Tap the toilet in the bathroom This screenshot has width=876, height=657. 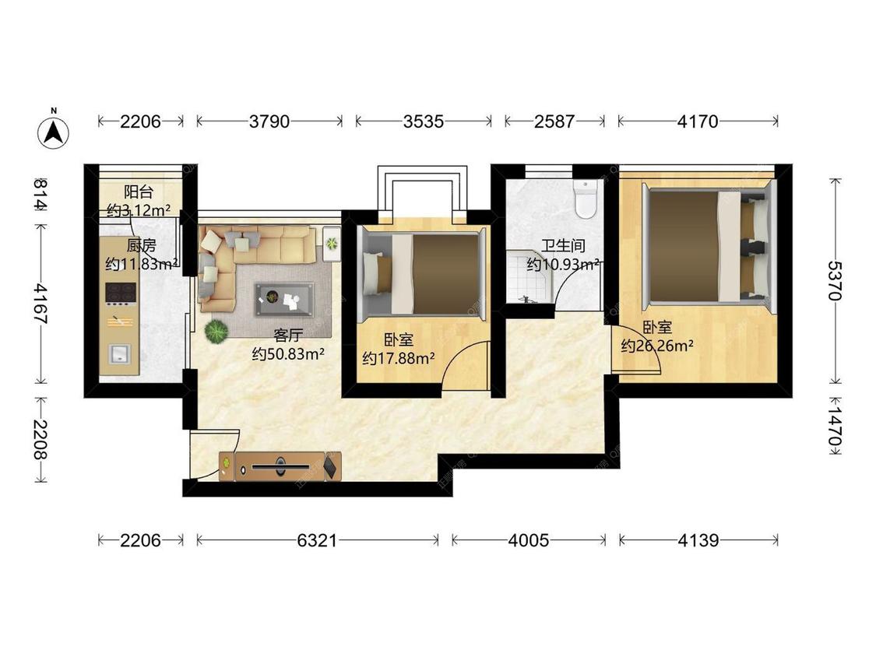pyautogui.click(x=586, y=199)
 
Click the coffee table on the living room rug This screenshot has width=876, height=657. pyautogui.click(x=284, y=299)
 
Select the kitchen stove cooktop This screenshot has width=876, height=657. pyautogui.click(x=121, y=293)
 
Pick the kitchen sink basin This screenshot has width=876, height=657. pyautogui.click(x=119, y=354)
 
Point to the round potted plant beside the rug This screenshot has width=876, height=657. pyautogui.click(x=216, y=332)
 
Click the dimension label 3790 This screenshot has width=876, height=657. pyautogui.click(x=269, y=121)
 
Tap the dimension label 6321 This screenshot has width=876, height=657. pyautogui.click(x=318, y=540)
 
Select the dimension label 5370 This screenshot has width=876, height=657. pyautogui.click(x=835, y=280)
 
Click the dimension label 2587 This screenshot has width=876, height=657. pyautogui.click(x=554, y=121)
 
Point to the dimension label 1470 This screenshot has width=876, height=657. pyautogui.click(x=835, y=426)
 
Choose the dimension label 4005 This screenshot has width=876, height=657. pyautogui.click(x=529, y=540)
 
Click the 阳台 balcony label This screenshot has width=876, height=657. pyautogui.click(x=139, y=192)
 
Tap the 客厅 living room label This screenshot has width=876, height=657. pyautogui.click(x=288, y=336)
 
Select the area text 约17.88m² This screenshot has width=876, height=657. pyautogui.click(x=399, y=358)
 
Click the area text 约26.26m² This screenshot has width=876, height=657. pyautogui.click(x=657, y=346)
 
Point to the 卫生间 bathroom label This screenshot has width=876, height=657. pyautogui.click(x=563, y=245)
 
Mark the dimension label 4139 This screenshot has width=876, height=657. pyautogui.click(x=698, y=540)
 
